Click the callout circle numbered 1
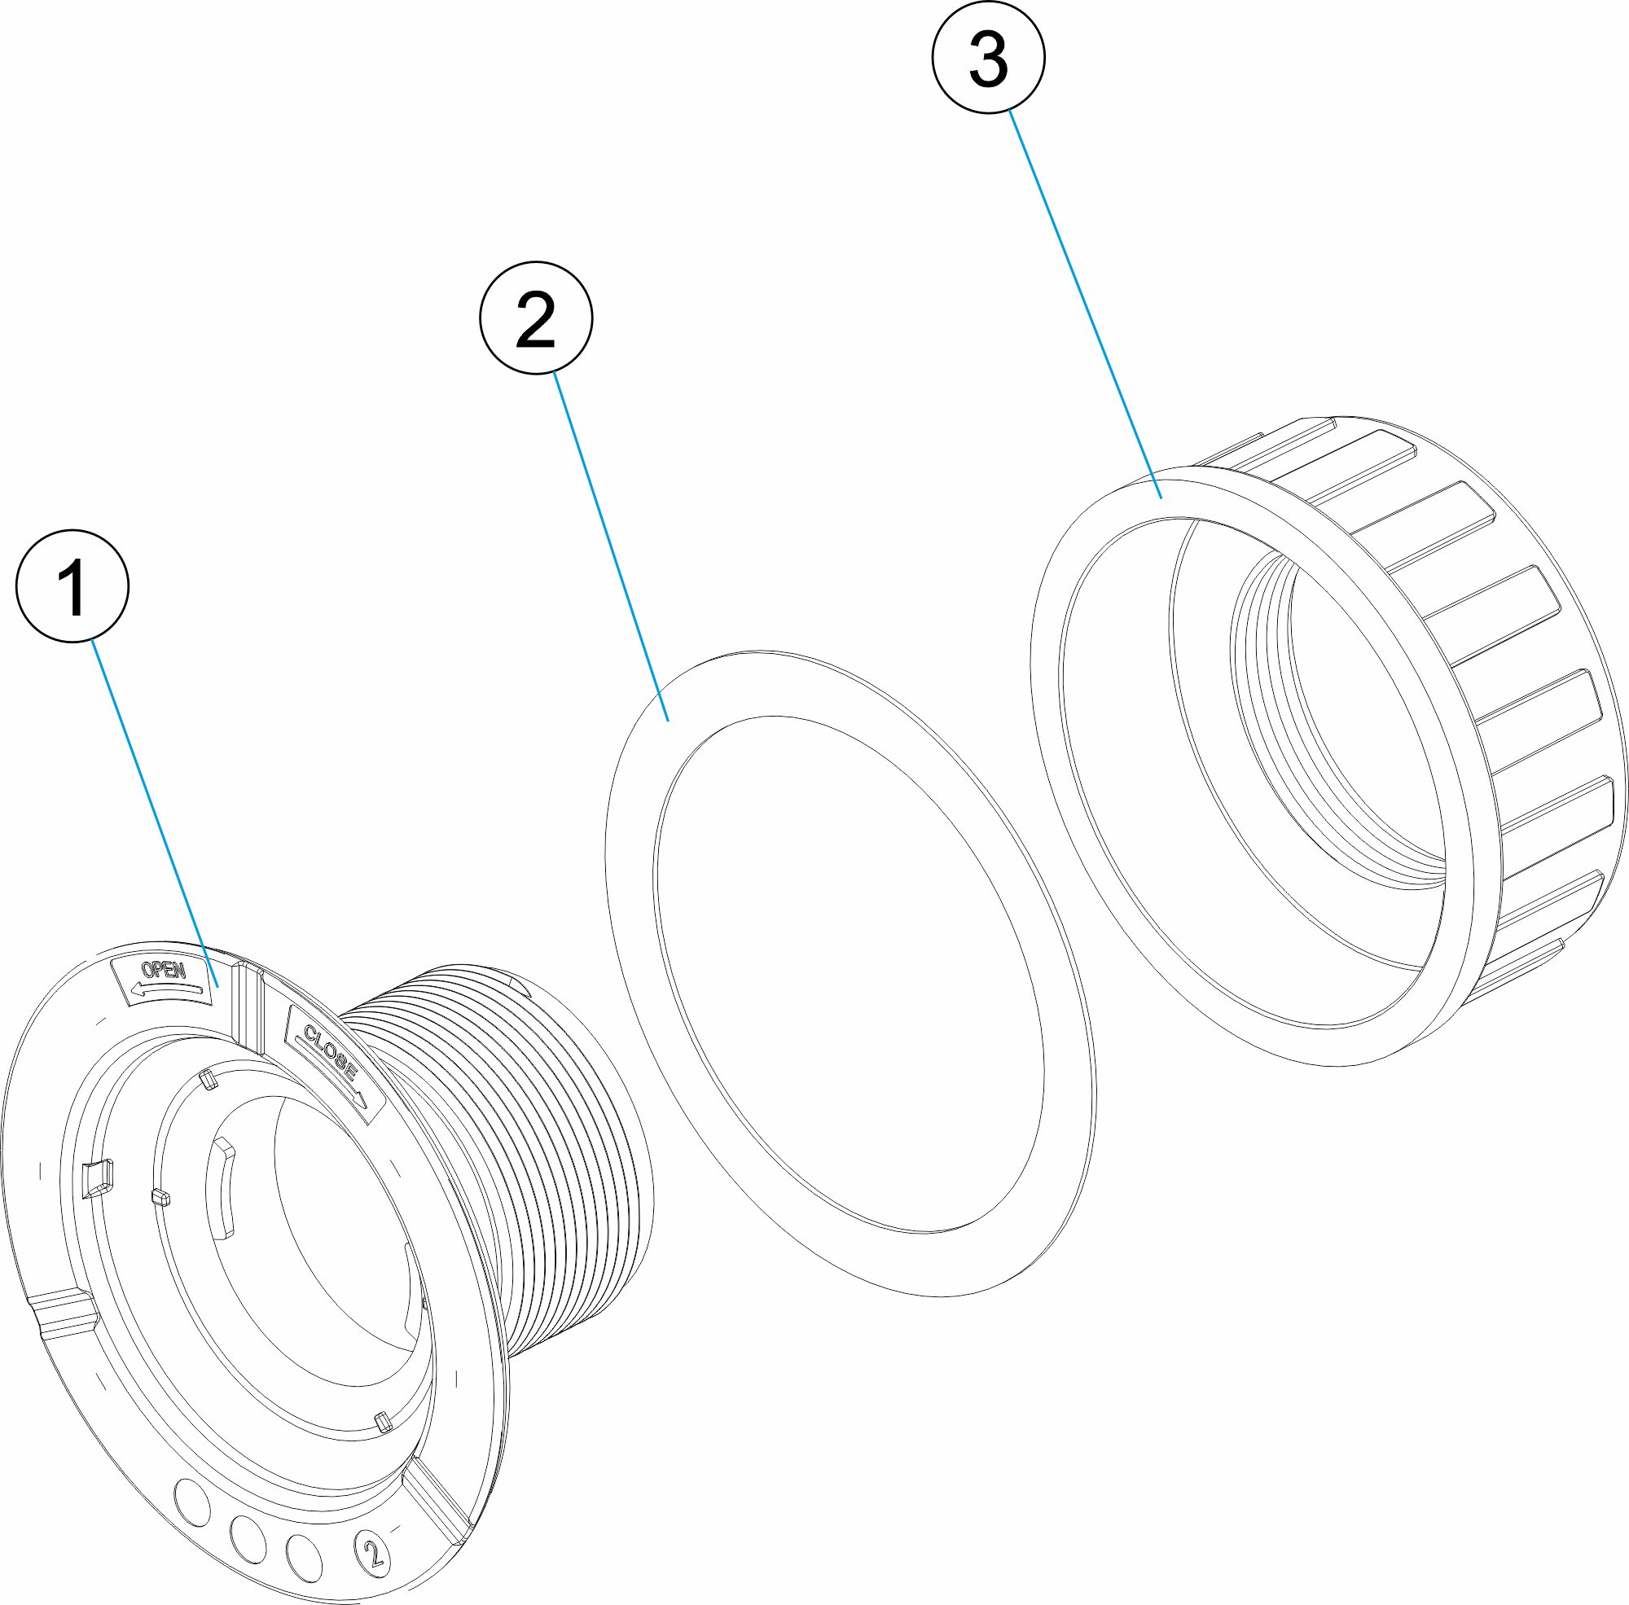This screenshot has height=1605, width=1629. (x=72, y=585)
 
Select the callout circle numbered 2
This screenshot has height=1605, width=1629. (x=536, y=318)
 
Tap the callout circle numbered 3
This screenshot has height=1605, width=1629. (x=988, y=57)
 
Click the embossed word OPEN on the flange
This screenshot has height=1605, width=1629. (x=164, y=971)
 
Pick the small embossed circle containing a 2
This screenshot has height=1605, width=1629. (x=374, y=1550)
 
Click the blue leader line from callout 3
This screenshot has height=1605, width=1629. (x=1085, y=304)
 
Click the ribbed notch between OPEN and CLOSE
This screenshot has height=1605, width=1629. (x=248, y=1007)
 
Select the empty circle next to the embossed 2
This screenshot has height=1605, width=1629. (x=304, y=1556)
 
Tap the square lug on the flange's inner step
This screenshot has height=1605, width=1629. (x=97, y=1177)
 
